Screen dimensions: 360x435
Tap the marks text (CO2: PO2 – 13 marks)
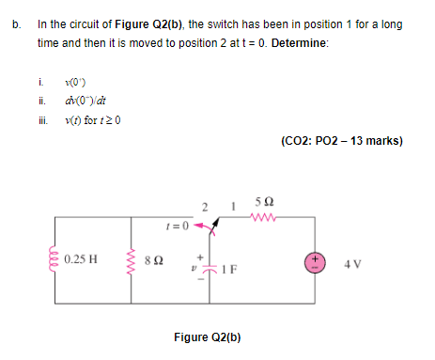tap(341, 142)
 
